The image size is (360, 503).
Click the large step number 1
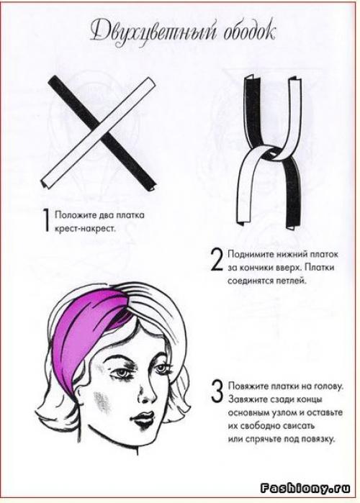(x=47, y=220)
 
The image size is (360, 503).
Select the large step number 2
(x=217, y=260)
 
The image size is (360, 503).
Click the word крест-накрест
(x=85, y=229)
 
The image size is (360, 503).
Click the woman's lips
(x=142, y=417)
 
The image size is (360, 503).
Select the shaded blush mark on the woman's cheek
(x=102, y=402)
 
